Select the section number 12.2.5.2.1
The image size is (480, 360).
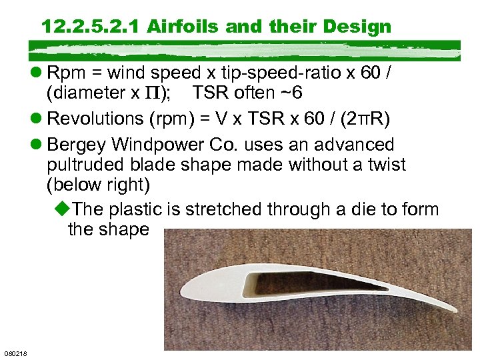coord(91,27)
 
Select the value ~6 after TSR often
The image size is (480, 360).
coord(297,92)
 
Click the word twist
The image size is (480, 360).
coord(383,164)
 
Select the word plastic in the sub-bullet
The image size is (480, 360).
coord(137,209)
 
